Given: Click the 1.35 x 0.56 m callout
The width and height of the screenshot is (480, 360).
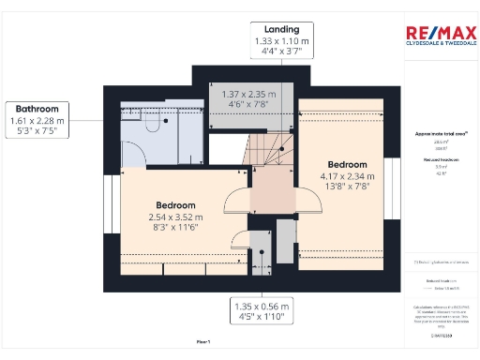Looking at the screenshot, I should pyautogui.click(x=262, y=311).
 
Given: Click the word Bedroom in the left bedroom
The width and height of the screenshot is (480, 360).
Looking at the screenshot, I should pyautogui.click(x=175, y=205).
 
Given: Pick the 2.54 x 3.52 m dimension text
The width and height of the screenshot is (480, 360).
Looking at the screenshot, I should pyautogui.click(x=175, y=217).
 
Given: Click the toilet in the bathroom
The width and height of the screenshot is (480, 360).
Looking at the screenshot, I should pyautogui.click(x=154, y=123).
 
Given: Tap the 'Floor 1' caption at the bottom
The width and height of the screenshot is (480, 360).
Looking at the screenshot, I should pyautogui.click(x=202, y=341).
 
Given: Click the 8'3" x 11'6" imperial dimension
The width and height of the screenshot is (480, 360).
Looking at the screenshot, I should pyautogui.click(x=175, y=228).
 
